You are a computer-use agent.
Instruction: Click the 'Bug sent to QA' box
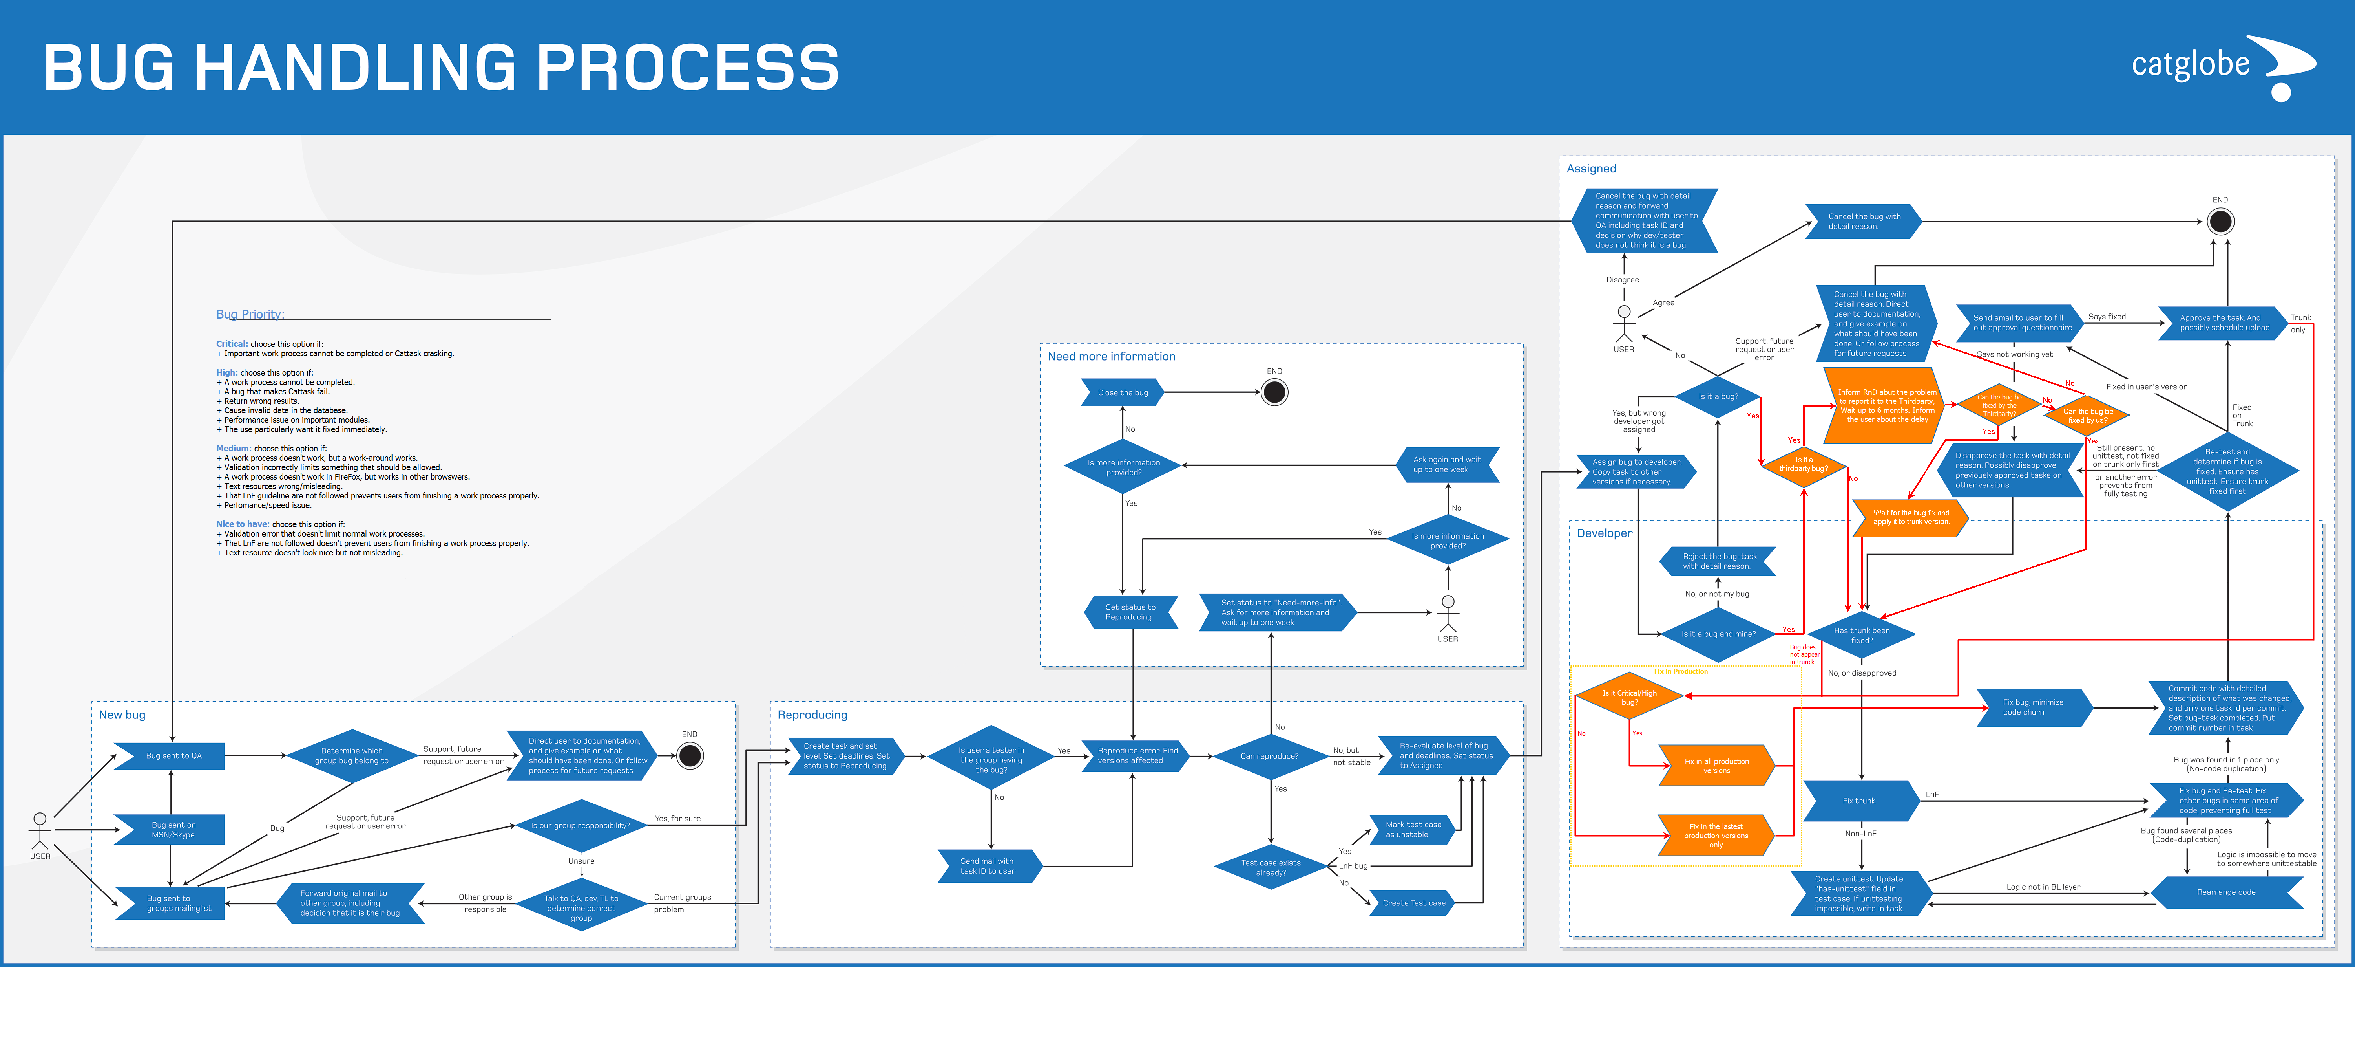(173, 755)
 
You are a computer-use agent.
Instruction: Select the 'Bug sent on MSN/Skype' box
(173, 830)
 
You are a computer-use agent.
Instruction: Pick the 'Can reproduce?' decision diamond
(1270, 757)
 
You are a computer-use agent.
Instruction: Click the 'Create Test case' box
(1413, 903)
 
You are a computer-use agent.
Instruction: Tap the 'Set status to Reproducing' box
(1130, 612)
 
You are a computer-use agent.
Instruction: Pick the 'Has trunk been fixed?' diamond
(1861, 635)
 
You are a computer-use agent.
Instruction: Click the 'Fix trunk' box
(1858, 801)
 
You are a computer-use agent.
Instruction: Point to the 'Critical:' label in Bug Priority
(231, 344)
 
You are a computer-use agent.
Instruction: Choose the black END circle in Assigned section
(2221, 221)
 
